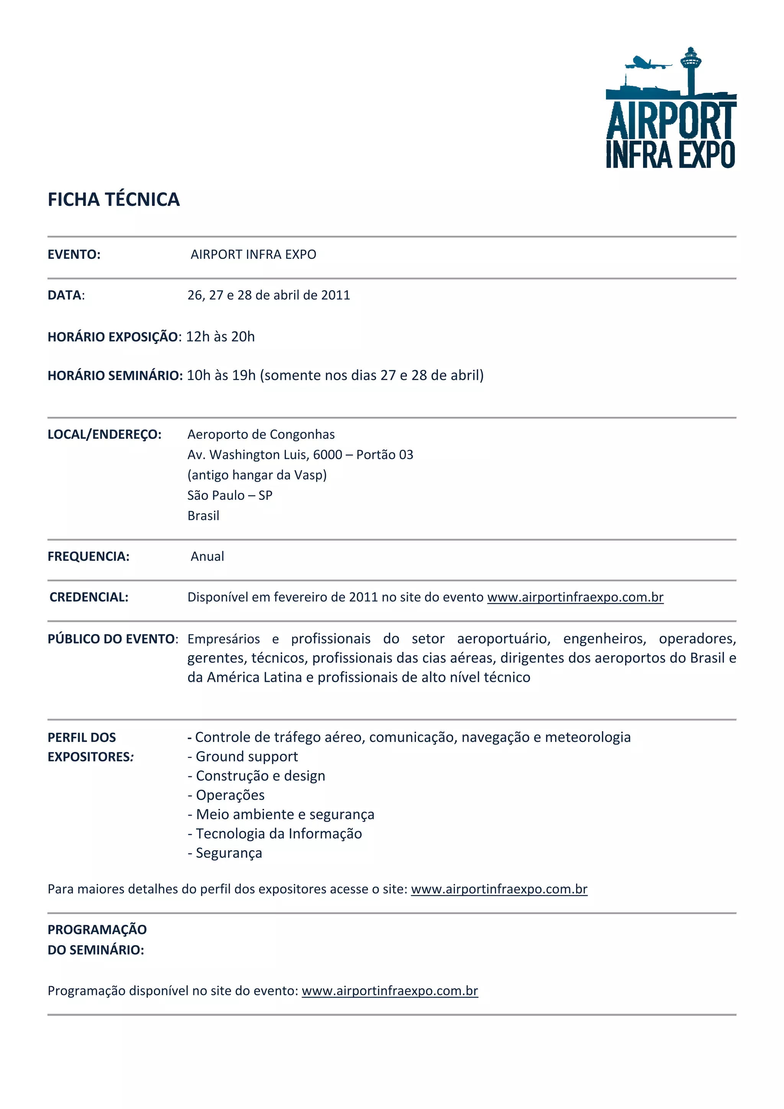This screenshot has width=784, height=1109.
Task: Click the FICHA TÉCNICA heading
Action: (x=114, y=199)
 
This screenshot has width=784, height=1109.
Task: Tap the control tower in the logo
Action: (x=690, y=68)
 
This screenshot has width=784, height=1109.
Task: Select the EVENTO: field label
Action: (x=74, y=255)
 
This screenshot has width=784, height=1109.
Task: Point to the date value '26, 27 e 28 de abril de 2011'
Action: (x=269, y=295)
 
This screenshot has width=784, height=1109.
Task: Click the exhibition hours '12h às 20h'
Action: (x=220, y=336)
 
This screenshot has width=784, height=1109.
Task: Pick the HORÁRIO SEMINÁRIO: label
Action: (x=115, y=375)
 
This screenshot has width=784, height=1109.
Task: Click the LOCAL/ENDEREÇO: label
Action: (x=105, y=434)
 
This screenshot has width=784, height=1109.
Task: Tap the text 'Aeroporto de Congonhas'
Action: (x=261, y=434)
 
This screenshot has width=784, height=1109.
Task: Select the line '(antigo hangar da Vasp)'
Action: (x=257, y=475)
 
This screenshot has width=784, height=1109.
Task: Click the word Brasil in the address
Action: (x=203, y=516)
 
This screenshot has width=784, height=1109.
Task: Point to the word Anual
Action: (x=207, y=557)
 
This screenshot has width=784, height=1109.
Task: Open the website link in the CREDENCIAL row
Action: (x=575, y=598)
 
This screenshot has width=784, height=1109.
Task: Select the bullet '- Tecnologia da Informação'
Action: (x=274, y=834)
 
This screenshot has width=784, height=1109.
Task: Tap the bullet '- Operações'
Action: (x=226, y=795)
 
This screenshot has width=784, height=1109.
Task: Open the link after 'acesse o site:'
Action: (x=499, y=889)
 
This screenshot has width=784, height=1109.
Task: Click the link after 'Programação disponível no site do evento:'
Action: (x=390, y=991)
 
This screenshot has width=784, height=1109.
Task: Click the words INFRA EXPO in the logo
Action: (x=670, y=155)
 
